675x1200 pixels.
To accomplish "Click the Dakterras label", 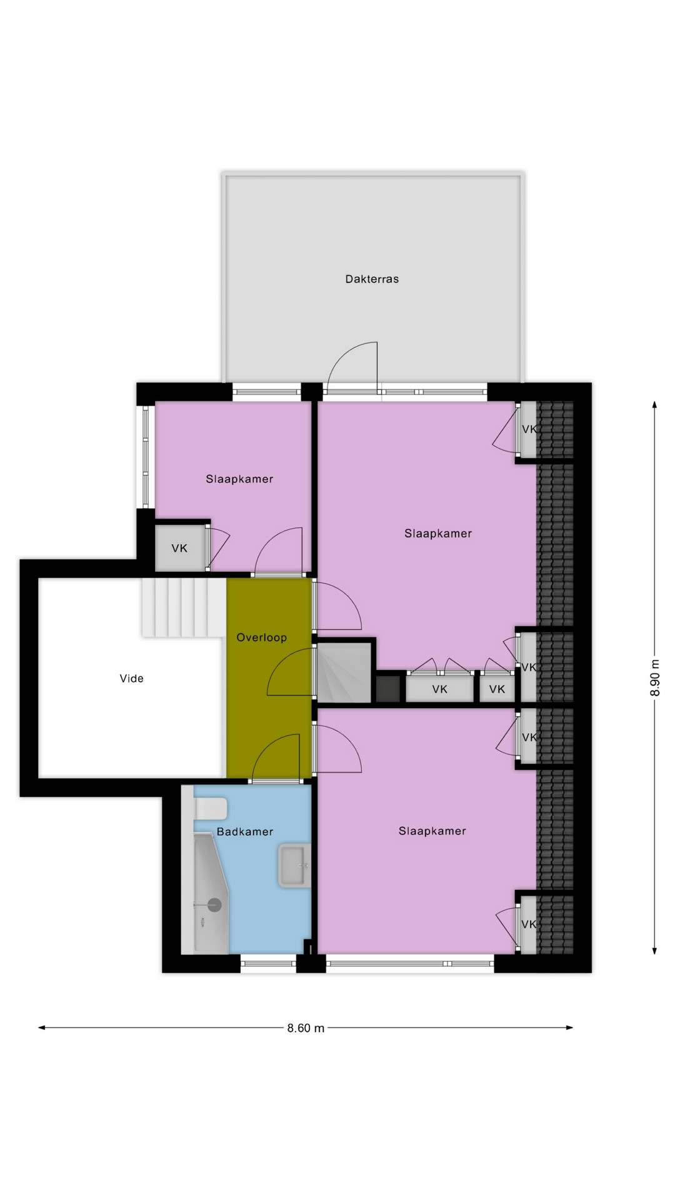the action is [372, 279].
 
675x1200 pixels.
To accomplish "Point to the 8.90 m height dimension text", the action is [654, 677].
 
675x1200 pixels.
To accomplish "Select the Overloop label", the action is [261, 637].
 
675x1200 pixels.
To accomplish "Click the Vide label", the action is [131, 678].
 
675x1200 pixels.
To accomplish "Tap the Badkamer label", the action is [245, 832].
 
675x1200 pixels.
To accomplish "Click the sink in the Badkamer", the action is [294, 866].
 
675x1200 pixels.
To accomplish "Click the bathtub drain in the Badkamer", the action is [214, 904].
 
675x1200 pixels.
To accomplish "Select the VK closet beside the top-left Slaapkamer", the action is [180, 548].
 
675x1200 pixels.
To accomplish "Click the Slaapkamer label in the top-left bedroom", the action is [239, 479].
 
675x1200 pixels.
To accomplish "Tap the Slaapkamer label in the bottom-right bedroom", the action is [432, 831].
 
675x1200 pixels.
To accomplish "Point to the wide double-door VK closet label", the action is [440, 689].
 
